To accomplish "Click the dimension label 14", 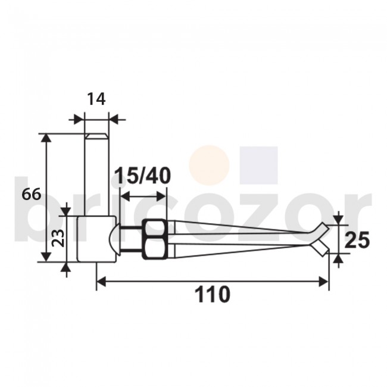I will [96, 99].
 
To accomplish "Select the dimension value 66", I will [31, 194].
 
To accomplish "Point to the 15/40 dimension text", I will [143, 176].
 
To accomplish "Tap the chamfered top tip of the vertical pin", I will [96, 137].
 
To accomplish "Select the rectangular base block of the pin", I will [94, 238].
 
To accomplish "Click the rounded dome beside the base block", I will [114, 238].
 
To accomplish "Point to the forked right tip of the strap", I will [322, 238].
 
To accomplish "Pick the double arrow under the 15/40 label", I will [143, 195].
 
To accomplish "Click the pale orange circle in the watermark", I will [209, 165].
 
